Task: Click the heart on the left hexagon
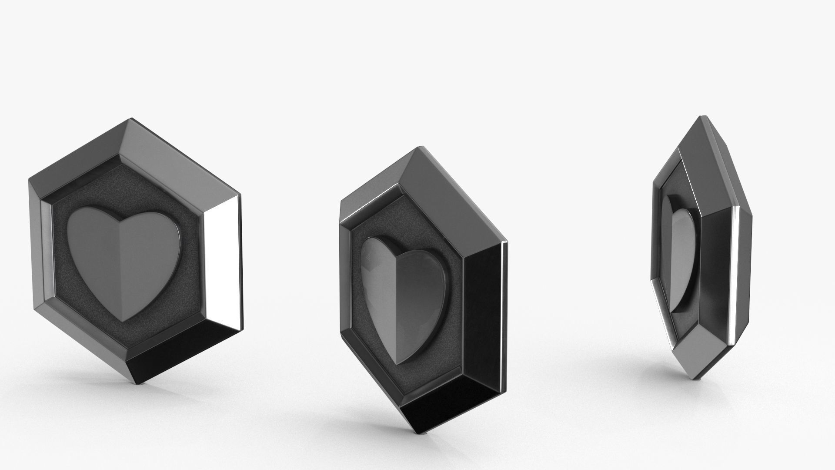point(124,261)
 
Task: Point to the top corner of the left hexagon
point(131,118)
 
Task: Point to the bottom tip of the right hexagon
point(695,378)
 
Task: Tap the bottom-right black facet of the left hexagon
point(183,357)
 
